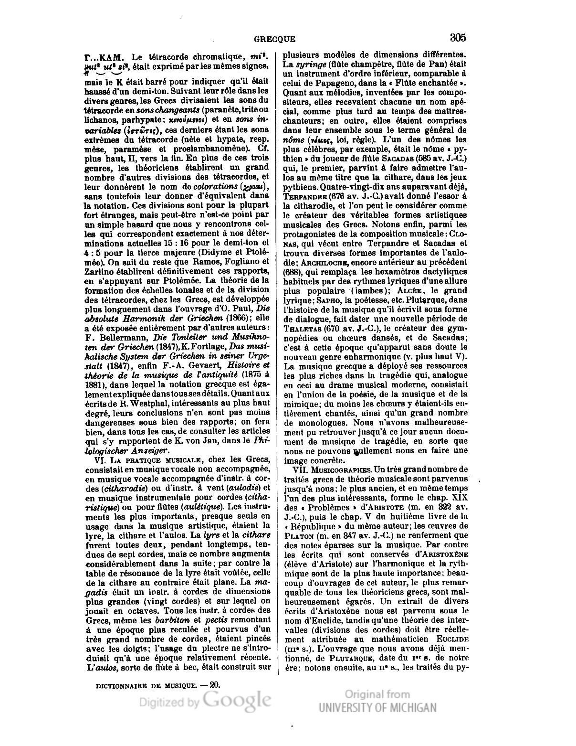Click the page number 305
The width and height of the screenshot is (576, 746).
[457, 37]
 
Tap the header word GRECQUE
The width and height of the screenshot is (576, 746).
[275, 39]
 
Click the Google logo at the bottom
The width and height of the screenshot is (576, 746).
[237, 699]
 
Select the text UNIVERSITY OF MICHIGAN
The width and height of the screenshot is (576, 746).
[377, 707]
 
